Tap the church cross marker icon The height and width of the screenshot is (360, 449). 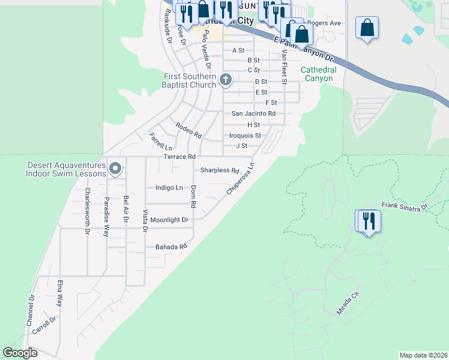(226, 79)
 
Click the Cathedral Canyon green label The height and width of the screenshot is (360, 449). (318, 74)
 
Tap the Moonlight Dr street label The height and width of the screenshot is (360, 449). (169, 220)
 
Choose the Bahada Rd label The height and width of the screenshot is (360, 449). (172, 247)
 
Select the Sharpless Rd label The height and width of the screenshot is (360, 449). (220, 170)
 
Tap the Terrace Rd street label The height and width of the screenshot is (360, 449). (179, 157)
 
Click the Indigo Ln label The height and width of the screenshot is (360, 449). (169, 188)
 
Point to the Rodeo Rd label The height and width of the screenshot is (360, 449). (188, 129)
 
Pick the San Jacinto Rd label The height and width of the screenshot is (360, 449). (253, 113)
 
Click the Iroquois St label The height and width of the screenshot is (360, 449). (245, 136)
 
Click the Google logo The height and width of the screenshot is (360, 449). (20, 353)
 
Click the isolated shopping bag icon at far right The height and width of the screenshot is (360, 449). (367, 28)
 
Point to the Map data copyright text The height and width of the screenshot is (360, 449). (423, 355)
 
